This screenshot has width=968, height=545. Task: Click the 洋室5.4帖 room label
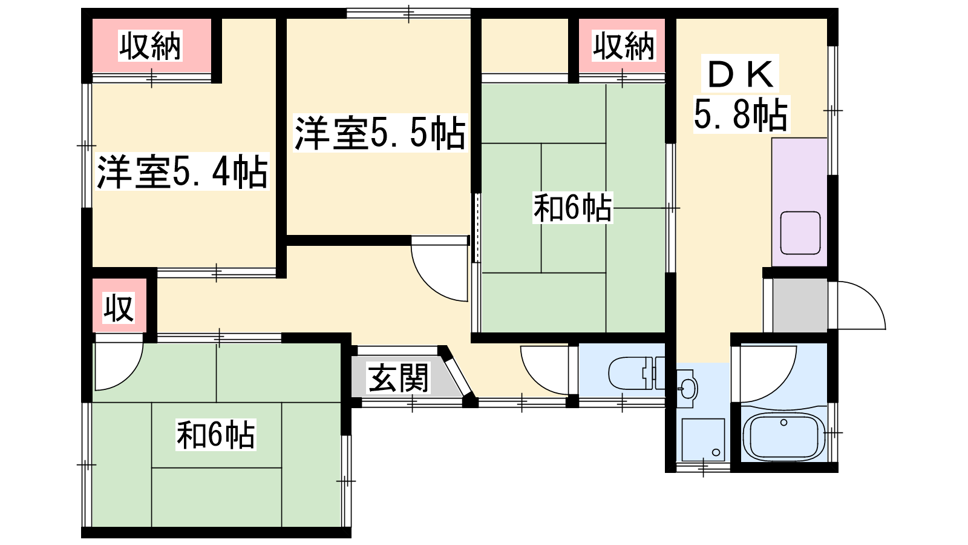click(x=182, y=172)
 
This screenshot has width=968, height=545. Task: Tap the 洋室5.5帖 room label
click(x=381, y=133)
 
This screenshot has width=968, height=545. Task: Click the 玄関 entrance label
click(x=398, y=378)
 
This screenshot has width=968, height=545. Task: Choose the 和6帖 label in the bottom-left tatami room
click(x=215, y=435)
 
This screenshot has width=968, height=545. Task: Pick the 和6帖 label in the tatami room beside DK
click(x=572, y=208)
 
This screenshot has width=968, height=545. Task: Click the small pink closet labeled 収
click(x=119, y=308)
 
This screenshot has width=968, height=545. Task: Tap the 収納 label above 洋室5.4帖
click(x=151, y=45)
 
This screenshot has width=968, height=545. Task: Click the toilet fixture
click(x=636, y=373)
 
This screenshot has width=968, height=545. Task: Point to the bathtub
click(x=783, y=437)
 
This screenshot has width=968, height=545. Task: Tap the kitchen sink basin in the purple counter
click(x=800, y=233)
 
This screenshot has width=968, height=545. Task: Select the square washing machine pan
click(x=703, y=440)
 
